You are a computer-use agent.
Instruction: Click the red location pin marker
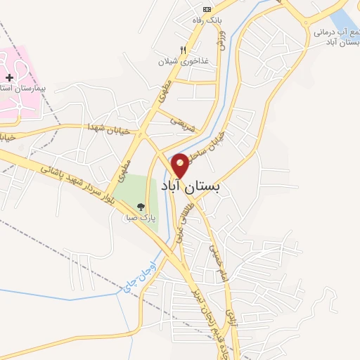coord(181,165)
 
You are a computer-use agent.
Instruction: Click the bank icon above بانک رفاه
coord(206,9)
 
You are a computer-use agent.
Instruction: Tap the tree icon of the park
coord(140,207)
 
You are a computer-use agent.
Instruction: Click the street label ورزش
coord(221,43)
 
